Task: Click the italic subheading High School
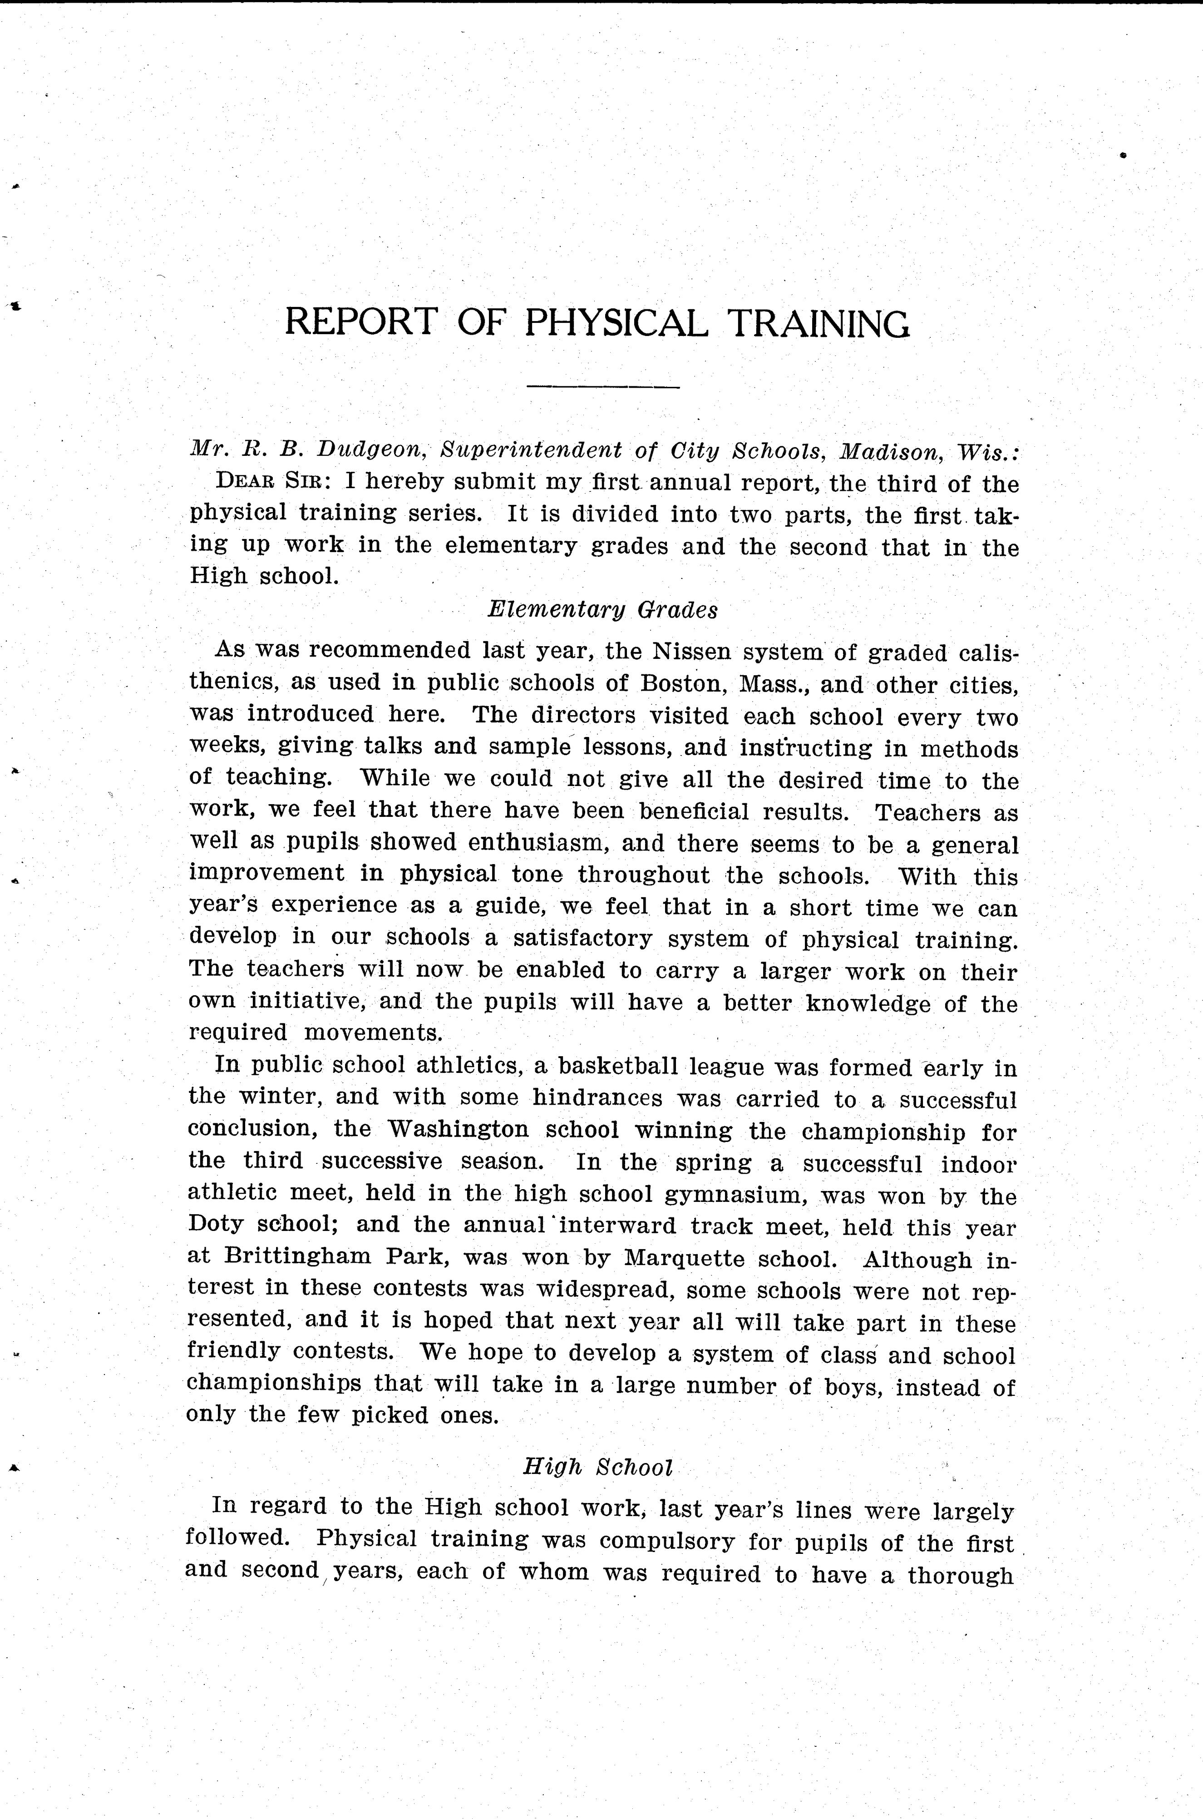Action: pyautogui.click(x=598, y=1467)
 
